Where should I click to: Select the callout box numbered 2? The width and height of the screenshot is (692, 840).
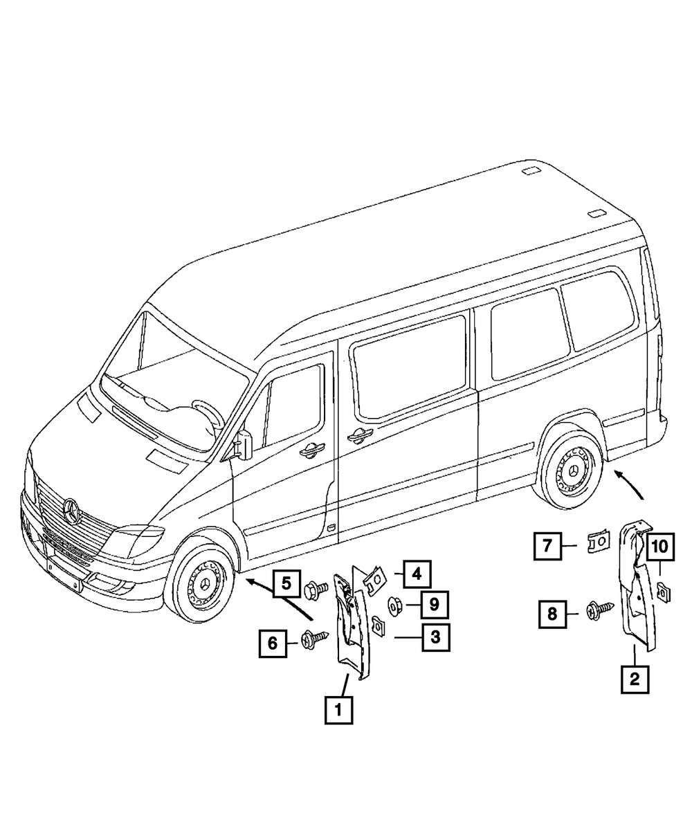click(x=635, y=678)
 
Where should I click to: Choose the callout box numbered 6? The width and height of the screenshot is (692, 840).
click(x=273, y=643)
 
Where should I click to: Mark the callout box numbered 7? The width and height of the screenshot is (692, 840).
click(x=547, y=546)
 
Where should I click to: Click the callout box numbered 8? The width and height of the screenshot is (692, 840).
click(x=552, y=612)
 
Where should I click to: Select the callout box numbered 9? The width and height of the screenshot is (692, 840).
click(x=433, y=604)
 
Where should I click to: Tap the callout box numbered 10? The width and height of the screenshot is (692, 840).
click(x=659, y=547)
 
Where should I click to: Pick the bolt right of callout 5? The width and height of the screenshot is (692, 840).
click(x=316, y=590)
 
